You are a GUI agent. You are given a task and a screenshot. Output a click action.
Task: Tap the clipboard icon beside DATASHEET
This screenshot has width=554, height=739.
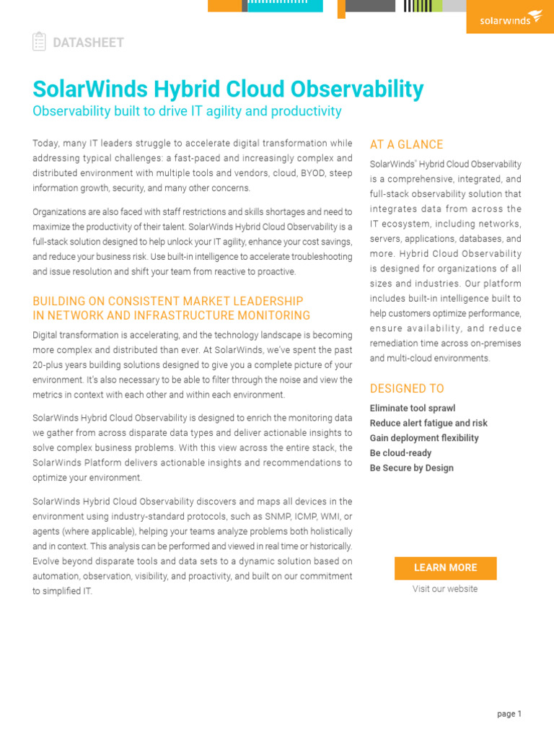point(39,42)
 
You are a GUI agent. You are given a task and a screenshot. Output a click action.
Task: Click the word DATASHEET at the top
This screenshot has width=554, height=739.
point(88,43)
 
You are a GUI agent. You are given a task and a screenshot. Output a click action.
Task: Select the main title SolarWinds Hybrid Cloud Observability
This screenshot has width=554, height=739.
point(228,89)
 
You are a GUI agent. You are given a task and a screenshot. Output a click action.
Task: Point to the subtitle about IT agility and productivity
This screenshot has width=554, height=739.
point(187,111)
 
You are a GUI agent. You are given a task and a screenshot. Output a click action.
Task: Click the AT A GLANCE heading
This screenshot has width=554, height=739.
point(406,144)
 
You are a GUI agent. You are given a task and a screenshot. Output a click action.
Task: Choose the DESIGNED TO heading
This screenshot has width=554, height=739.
point(407,388)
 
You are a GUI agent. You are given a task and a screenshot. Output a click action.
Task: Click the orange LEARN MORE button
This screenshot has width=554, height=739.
point(445,568)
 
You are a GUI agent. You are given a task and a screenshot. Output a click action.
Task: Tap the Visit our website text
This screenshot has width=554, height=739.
point(445,589)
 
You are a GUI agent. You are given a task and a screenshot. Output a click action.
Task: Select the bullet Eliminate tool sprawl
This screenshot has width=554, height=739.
point(413,408)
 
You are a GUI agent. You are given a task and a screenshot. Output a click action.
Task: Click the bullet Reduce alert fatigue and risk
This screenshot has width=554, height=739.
point(428,424)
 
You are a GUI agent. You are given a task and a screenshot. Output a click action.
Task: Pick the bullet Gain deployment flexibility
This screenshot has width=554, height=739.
point(424,438)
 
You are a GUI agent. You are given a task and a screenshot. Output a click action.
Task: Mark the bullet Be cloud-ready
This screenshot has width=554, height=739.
point(400,453)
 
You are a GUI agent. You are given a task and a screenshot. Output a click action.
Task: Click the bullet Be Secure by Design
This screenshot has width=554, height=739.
point(412,468)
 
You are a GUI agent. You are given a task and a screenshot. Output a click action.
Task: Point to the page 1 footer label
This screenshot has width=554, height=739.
point(509,714)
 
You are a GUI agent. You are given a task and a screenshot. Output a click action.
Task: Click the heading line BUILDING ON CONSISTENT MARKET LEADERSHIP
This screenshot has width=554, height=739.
point(168,301)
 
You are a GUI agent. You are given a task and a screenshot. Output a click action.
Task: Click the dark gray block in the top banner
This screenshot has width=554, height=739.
point(370,6)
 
